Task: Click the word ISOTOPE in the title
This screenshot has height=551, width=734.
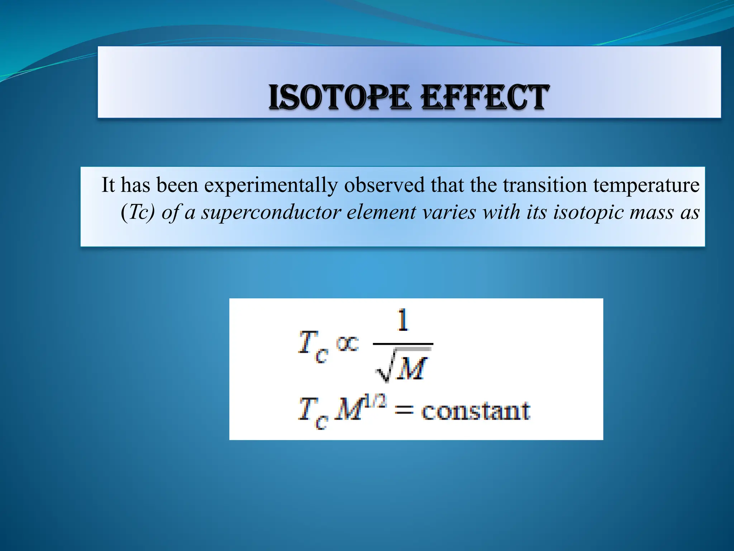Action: point(339,97)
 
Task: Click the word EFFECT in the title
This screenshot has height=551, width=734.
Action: point(485,97)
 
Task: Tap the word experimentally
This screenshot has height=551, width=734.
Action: point(271,185)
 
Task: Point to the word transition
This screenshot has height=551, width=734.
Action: point(545,185)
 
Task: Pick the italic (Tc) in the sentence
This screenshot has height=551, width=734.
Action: point(138,212)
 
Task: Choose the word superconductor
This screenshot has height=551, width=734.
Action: point(271,212)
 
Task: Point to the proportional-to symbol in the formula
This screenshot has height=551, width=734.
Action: point(347,344)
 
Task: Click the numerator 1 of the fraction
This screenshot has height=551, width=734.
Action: point(403,320)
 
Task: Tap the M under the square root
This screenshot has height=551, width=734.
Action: point(412,369)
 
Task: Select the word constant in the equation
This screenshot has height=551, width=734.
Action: point(475,411)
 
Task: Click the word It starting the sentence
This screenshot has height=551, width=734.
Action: point(108,185)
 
